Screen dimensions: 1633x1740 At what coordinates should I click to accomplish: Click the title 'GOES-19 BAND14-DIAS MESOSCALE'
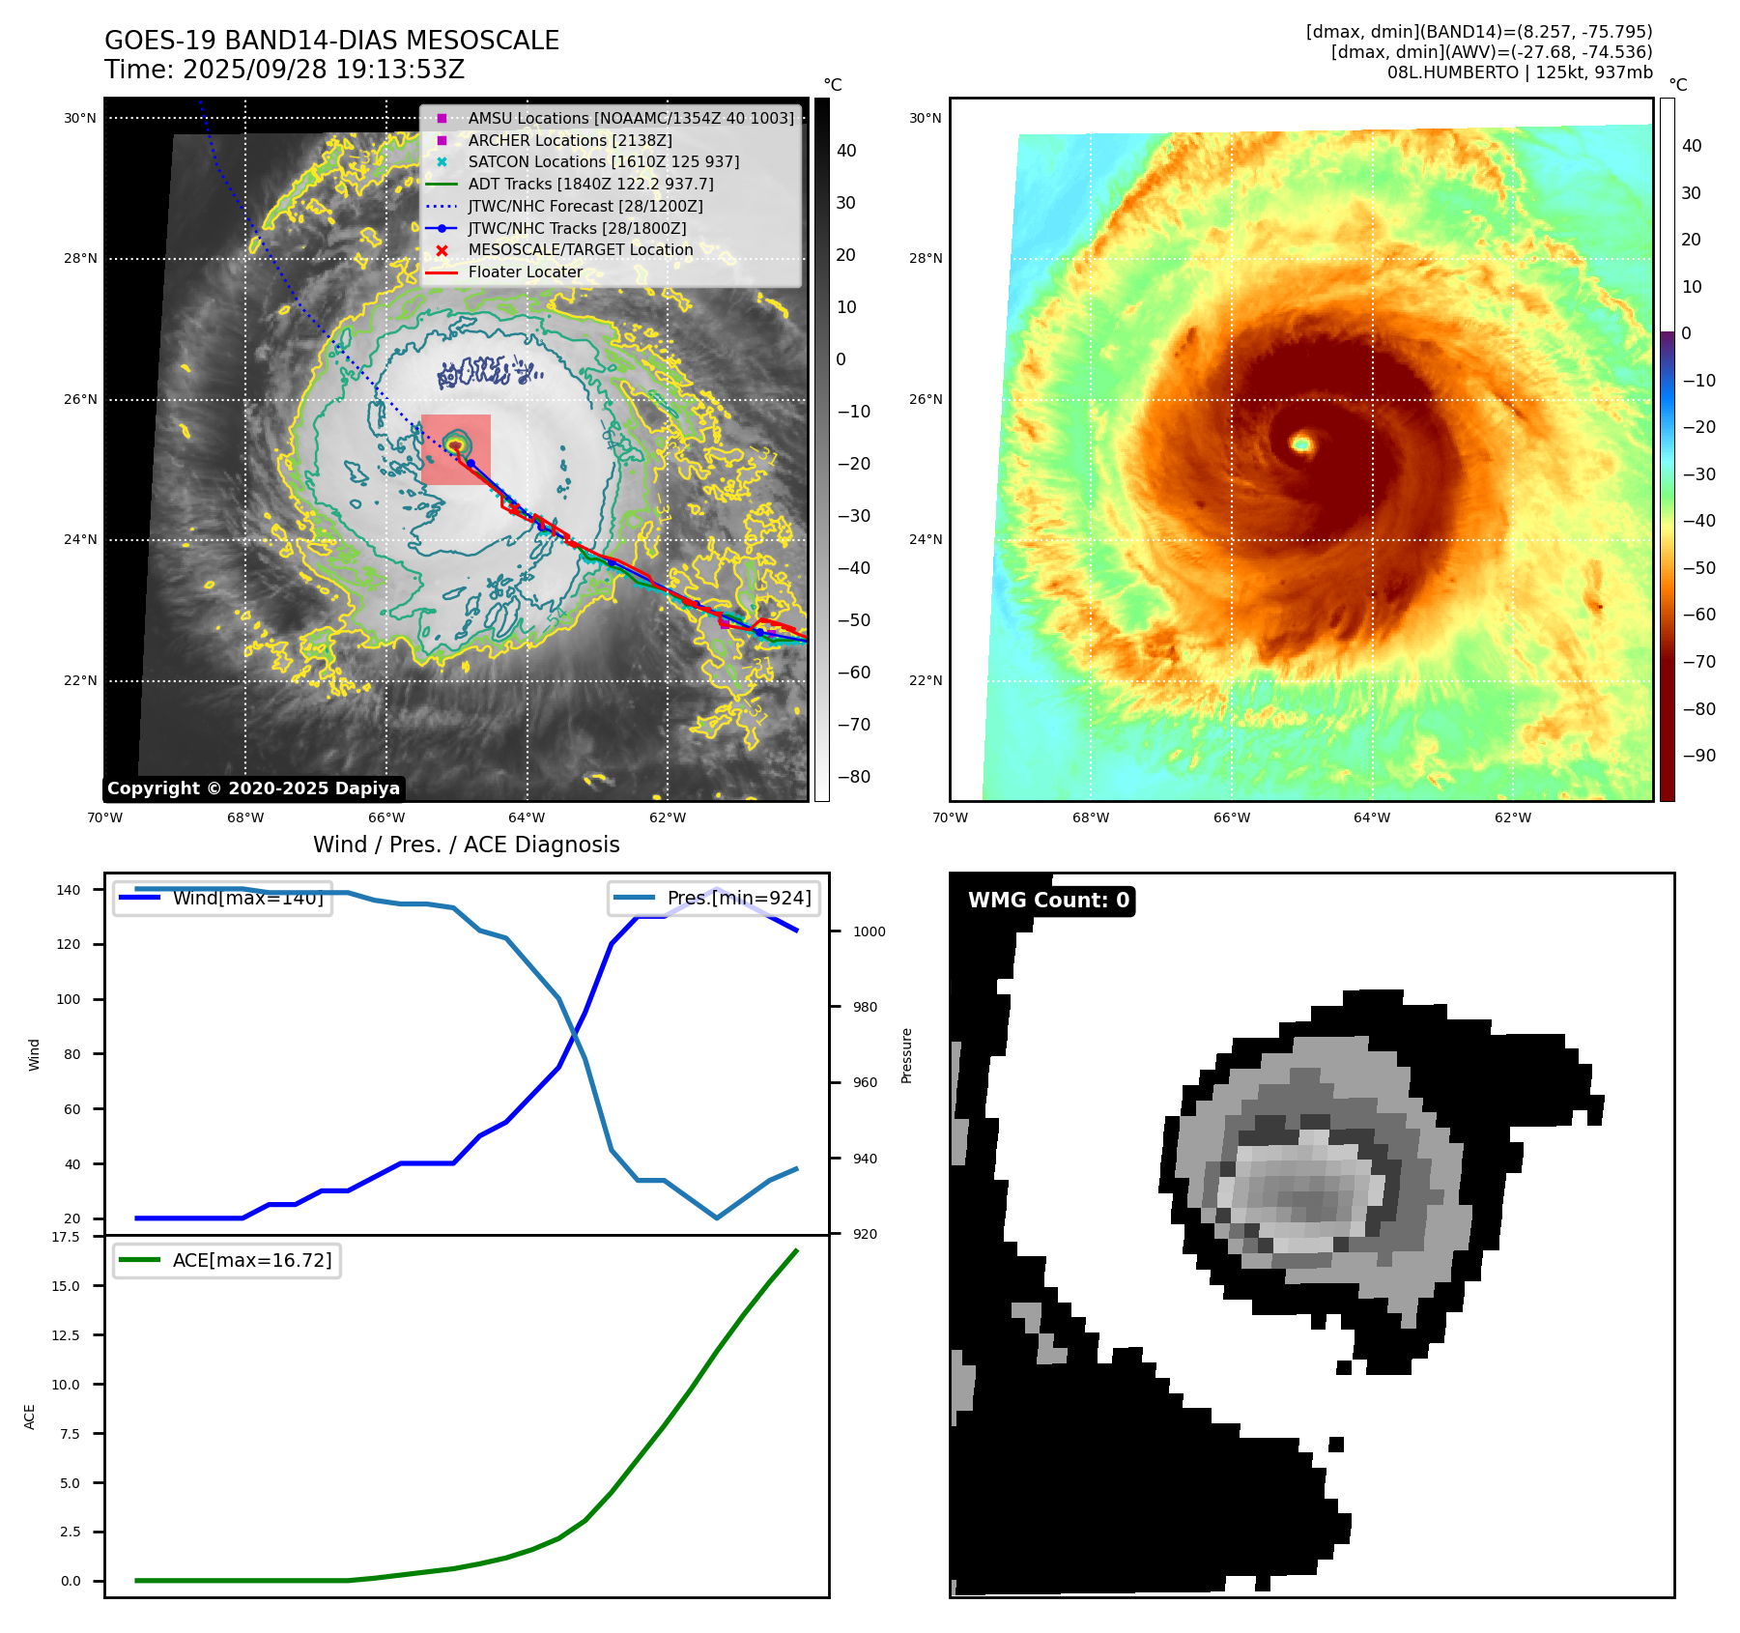click(331, 41)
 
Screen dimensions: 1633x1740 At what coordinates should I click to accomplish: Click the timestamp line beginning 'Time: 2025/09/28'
click(284, 70)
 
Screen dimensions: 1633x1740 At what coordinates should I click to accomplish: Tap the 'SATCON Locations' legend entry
click(603, 161)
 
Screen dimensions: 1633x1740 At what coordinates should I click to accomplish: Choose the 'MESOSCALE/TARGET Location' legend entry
click(580, 249)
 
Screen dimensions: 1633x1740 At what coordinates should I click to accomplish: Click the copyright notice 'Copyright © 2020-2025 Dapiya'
click(253, 788)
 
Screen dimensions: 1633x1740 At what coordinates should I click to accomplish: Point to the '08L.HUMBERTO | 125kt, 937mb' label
click(1519, 72)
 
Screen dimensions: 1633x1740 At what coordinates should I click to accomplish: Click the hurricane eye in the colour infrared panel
click(1301, 444)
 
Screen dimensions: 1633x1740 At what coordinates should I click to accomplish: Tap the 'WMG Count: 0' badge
click(1048, 901)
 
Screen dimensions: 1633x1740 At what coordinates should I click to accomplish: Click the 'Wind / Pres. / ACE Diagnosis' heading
click(466, 845)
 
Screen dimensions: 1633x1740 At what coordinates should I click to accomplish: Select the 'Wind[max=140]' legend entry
click(247, 898)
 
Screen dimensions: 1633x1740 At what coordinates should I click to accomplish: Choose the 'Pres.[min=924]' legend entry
click(738, 898)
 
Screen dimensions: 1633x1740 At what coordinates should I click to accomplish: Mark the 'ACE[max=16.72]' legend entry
click(251, 1260)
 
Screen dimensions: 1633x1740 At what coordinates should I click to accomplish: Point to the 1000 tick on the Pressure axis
click(869, 931)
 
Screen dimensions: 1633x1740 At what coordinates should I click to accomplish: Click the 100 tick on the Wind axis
click(69, 999)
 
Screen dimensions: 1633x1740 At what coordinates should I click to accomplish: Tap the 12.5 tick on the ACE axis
click(66, 1335)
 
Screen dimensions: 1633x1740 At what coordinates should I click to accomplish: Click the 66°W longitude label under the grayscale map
click(386, 818)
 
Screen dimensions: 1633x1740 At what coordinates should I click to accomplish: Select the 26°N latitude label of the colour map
click(925, 399)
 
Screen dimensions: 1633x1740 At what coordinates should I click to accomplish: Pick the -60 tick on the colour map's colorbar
click(1698, 615)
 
